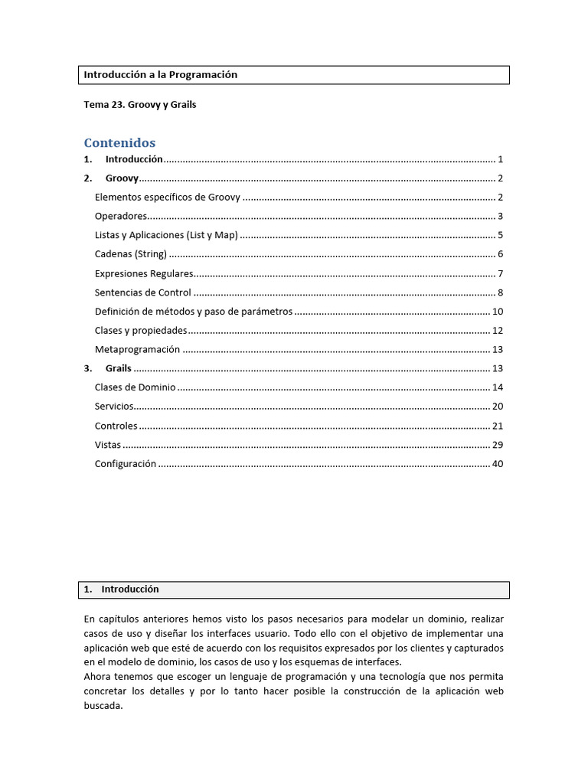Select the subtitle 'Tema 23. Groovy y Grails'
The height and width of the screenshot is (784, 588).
pos(139,104)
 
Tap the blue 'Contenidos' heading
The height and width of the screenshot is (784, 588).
pos(119,142)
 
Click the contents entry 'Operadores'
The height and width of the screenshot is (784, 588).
pos(120,217)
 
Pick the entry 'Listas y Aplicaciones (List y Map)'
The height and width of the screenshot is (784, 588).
pos(166,236)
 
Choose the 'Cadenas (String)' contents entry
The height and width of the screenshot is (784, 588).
pos(130,254)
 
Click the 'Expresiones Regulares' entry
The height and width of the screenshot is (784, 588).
pos(143,273)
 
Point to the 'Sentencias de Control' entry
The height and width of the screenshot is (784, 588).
pos(142,292)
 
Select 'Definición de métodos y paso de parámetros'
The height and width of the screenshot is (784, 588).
pos(193,312)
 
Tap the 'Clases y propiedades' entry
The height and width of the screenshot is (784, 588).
pos(140,331)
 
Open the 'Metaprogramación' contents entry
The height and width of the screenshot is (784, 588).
pos(137,350)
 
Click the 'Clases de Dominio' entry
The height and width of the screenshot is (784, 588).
pos(135,387)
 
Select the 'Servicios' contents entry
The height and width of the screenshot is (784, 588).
pos(114,407)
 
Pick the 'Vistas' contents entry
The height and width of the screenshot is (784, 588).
pos(108,445)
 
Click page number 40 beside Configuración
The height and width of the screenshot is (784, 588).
pos(498,464)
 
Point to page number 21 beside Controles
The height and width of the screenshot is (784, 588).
pos(498,426)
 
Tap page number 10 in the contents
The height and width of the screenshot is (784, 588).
pos(498,312)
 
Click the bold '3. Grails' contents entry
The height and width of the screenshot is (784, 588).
pos(118,368)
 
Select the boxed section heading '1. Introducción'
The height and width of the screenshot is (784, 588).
pos(129,590)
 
